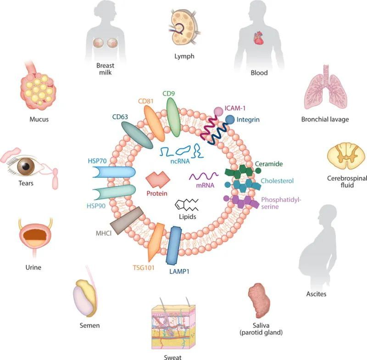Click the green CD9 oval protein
pos(173,117)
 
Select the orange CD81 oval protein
pos(154,124)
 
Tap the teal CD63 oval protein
pos(137,135)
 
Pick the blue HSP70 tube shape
pos(114,172)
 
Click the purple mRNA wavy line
pos(204,176)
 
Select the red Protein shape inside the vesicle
pos(158,180)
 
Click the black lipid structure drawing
pos(187,205)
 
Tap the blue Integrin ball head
pos(230,119)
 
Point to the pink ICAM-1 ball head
pos(219,111)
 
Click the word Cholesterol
pos(277,181)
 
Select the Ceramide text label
pos(269,164)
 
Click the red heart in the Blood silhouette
pos(259,39)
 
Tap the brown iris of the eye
pos(26,166)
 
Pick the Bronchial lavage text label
pos(325,119)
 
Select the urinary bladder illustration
pos(35,236)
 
